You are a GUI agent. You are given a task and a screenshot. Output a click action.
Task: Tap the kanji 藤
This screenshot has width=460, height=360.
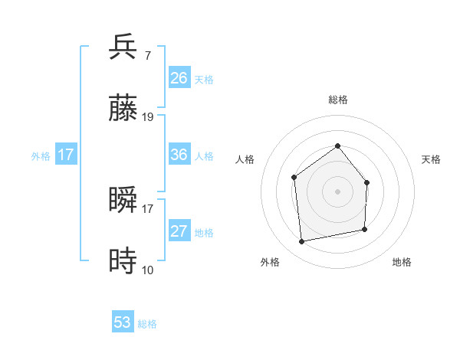click(x=123, y=106)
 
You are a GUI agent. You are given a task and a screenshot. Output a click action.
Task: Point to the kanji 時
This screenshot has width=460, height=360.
click(x=123, y=260)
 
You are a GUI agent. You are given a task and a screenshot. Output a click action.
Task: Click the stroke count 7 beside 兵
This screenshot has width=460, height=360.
click(x=147, y=55)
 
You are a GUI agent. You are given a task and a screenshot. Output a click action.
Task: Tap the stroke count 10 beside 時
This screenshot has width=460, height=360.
click(x=148, y=270)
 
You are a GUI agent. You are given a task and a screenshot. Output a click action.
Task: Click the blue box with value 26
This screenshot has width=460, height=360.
click(x=179, y=78)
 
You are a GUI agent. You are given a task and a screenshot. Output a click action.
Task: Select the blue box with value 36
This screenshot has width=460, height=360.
click(x=179, y=155)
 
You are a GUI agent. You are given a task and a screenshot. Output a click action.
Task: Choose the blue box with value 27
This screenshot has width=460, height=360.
click(x=179, y=231)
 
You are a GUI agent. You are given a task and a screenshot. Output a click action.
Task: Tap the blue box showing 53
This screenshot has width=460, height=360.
click(x=123, y=322)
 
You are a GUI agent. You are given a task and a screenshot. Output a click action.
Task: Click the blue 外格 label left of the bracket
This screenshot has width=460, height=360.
click(x=41, y=155)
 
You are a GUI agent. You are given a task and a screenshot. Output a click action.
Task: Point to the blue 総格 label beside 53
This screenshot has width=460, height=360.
click(x=147, y=324)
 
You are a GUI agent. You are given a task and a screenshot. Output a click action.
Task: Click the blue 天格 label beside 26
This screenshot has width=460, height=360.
click(x=204, y=80)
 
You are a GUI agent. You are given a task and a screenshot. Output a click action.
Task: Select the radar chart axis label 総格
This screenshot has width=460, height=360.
click(x=337, y=100)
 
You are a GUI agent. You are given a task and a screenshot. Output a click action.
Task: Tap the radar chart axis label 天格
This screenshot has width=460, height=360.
click(x=432, y=159)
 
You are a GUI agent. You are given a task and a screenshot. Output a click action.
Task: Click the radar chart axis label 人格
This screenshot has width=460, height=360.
click(x=245, y=159)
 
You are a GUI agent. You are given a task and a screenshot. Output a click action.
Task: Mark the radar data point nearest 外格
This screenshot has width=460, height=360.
click(x=302, y=242)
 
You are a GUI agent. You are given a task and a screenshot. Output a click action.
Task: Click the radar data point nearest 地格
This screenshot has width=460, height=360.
click(x=365, y=229)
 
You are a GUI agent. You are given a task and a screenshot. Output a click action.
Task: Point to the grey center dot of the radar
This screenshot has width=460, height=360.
click(x=337, y=191)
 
